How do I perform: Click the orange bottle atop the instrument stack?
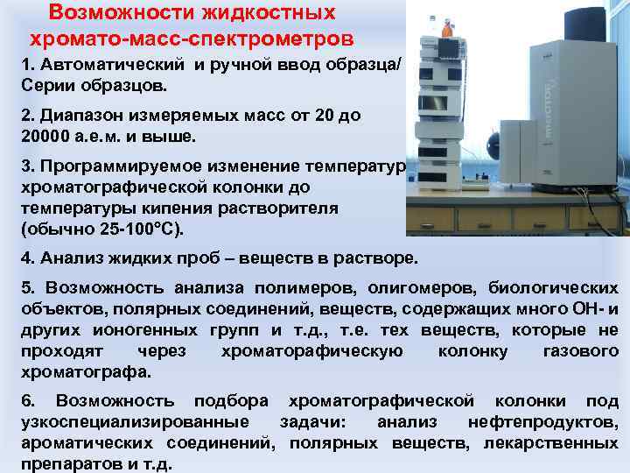tap(447, 28)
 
